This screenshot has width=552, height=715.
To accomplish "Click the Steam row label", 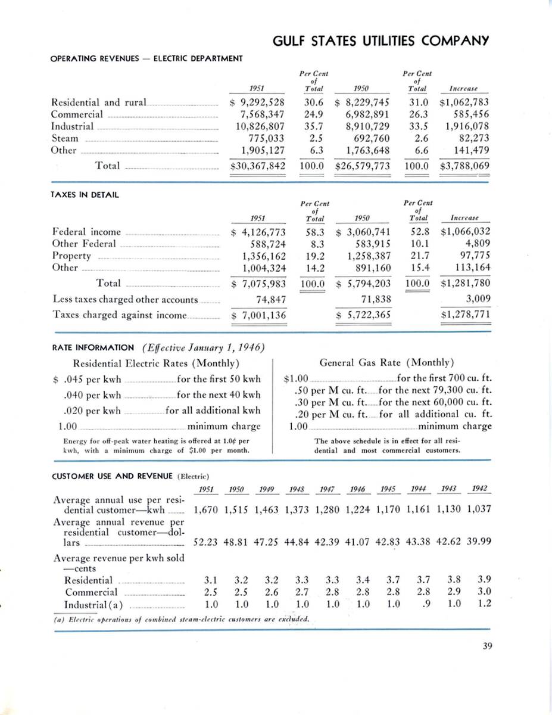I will click(x=64, y=138).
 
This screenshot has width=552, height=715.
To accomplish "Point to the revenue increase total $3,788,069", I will click(x=464, y=166).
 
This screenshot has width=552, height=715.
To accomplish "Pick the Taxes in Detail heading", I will click(x=85, y=195).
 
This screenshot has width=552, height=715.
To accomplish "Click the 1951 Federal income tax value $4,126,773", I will click(x=258, y=232).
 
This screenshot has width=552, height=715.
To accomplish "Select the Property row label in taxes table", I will click(x=71, y=256).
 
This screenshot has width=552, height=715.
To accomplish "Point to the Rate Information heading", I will click(x=93, y=347).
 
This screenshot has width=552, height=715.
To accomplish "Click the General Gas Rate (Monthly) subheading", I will click(x=386, y=362).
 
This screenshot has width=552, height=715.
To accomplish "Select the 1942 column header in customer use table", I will click(x=479, y=489).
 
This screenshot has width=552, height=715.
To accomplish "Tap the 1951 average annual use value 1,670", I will click(x=207, y=511).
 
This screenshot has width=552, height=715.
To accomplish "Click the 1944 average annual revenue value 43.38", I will click(x=421, y=543).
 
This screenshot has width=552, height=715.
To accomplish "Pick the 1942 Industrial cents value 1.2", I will click(x=484, y=604).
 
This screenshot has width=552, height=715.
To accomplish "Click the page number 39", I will click(x=482, y=644).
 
